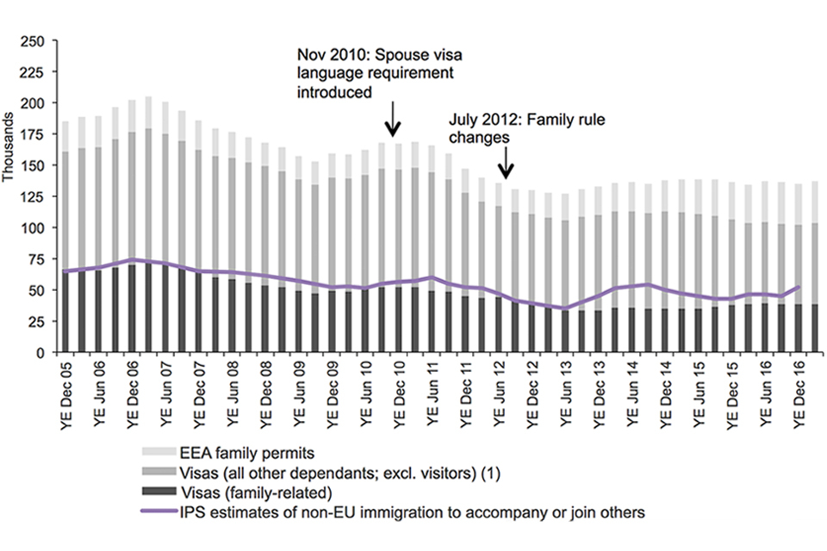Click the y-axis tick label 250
click(x=32, y=40)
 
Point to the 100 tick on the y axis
click(x=32, y=228)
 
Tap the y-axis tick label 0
click(x=39, y=353)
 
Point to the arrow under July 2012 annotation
click(x=507, y=161)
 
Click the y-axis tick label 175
click(x=32, y=134)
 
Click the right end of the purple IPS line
click(x=800, y=288)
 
